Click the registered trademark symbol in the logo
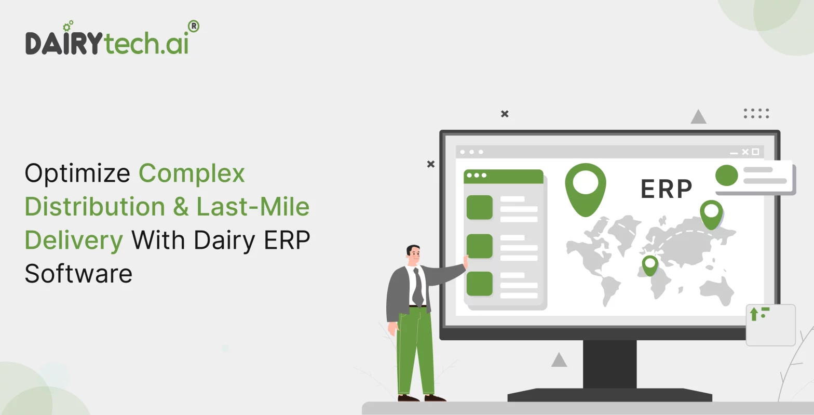tap(193, 26)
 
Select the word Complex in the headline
tap(192, 173)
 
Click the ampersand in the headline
tap(181, 207)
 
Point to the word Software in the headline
tap(78, 274)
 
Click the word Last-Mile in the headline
tap(253, 207)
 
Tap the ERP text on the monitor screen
tap(667, 189)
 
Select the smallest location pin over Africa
tap(649, 265)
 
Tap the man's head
tap(413, 254)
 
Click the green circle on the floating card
tap(726, 176)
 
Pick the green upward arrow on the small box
tap(754, 314)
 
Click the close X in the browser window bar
tap(745, 152)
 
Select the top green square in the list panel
tap(479, 207)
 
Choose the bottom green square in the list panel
tap(479, 284)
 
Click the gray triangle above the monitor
tap(698, 117)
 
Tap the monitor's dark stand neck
tap(609, 364)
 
